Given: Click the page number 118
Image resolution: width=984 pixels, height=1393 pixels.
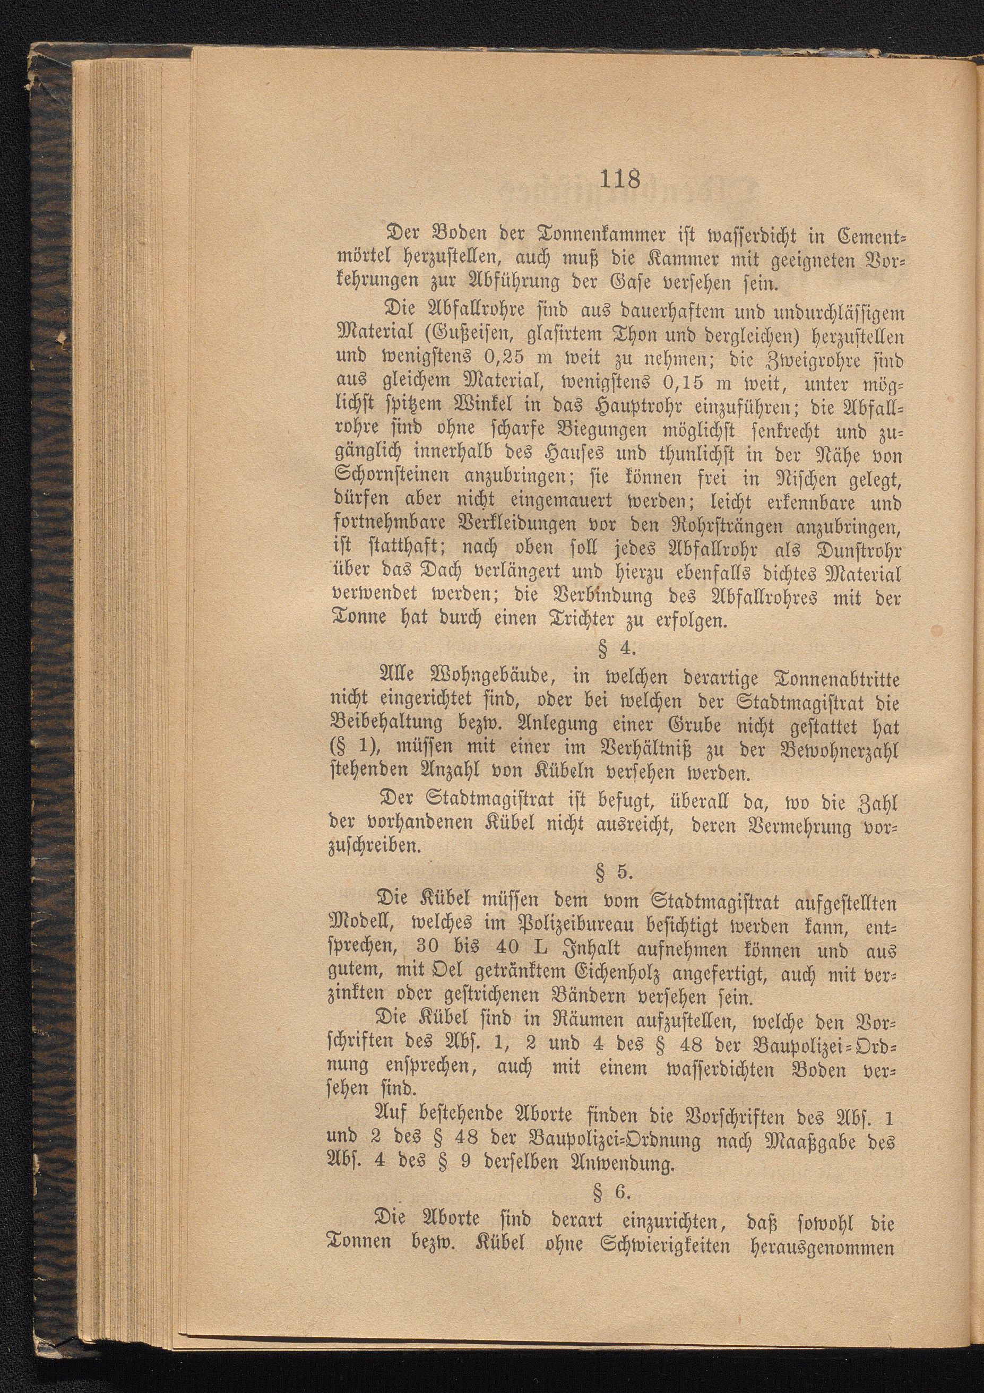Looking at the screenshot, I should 619,180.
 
